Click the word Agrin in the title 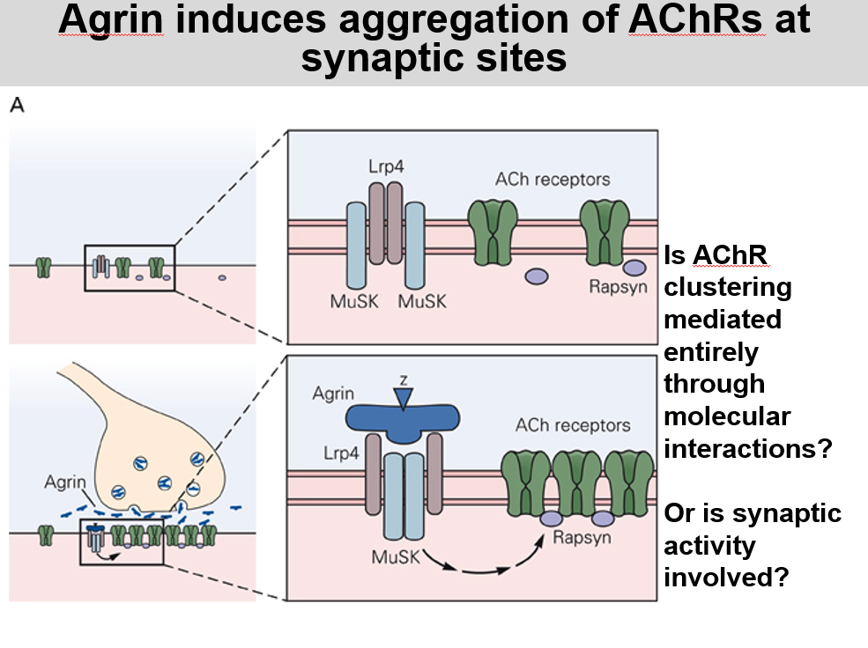coord(111,20)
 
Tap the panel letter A coord(17,105)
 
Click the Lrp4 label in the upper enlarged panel coord(386,166)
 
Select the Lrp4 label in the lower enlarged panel coord(341,453)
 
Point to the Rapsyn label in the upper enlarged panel coord(618,287)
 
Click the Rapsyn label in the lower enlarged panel coord(582,537)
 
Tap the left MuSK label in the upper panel coord(354,301)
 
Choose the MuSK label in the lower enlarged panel coord(396,556)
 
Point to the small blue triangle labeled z coord(403,398)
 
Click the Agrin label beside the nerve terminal coord(64,482)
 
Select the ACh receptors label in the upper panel coord(553,179)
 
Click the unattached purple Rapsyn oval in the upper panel coord(537,276)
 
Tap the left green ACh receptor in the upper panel coord(493,232)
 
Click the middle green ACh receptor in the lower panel coord(577,483)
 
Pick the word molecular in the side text coord(727,416)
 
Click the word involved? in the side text coord(726,578)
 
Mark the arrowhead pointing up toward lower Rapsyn coord(538,541)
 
